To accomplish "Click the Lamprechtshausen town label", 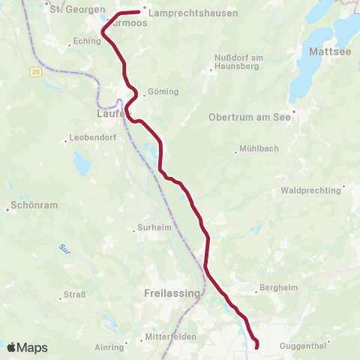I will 193,13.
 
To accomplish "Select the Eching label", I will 88,42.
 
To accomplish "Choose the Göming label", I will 163,91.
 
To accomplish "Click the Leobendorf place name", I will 89,138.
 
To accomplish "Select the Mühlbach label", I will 259,149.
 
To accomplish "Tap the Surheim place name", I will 154,228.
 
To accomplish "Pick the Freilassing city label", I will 171,293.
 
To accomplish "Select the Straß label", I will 73,294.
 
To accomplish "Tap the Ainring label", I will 109,346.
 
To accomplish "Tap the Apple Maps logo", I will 27,347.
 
